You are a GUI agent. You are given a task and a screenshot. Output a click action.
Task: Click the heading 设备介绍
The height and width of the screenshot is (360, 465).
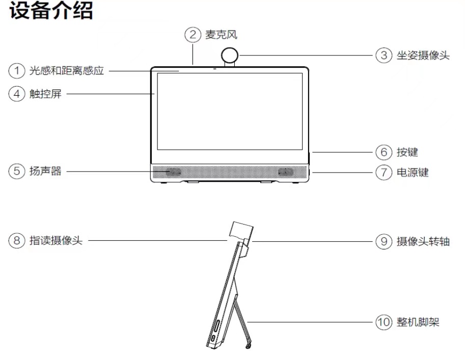coord(51,10)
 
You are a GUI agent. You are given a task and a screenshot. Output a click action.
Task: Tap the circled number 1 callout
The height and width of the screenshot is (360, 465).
coord(17,71)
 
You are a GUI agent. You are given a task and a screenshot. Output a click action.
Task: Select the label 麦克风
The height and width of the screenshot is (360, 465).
coord(221,35)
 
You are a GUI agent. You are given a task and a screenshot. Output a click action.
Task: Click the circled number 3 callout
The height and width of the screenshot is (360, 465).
coord(384,55)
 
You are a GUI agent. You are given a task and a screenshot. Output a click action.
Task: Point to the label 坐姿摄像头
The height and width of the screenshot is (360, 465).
coord(423,56)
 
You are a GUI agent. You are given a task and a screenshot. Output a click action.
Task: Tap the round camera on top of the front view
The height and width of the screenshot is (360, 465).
coord(230,55)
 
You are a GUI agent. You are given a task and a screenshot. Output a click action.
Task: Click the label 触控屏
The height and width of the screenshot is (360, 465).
coord(45,94)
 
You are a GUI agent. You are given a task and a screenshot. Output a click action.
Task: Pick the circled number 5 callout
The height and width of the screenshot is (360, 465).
coord(17,171)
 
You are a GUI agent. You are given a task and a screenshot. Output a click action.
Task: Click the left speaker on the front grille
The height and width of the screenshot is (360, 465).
coord(174,172)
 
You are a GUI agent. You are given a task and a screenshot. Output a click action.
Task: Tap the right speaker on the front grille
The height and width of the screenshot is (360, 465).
coord(286,172)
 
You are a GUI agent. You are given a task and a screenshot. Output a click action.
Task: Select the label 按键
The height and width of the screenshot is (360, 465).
coord(407,152)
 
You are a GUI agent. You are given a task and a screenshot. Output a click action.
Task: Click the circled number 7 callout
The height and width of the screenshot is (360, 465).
coord(384,172)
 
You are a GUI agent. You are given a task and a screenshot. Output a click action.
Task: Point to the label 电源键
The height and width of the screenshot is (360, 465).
coord(413,172)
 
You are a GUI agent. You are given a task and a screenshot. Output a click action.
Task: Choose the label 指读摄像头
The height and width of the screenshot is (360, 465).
coord(56,240)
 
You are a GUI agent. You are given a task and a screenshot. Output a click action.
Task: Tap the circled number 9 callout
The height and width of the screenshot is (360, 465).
coord(384,241)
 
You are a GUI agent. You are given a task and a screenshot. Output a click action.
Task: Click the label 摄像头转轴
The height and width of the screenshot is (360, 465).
coord(423,241)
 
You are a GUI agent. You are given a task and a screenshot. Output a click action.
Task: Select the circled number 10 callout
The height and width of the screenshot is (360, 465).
coord(384,322)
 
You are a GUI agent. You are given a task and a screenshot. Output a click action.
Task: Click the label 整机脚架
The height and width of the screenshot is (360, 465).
coord(418,322)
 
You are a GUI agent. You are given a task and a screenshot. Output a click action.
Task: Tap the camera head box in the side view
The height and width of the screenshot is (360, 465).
coord(242,230)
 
